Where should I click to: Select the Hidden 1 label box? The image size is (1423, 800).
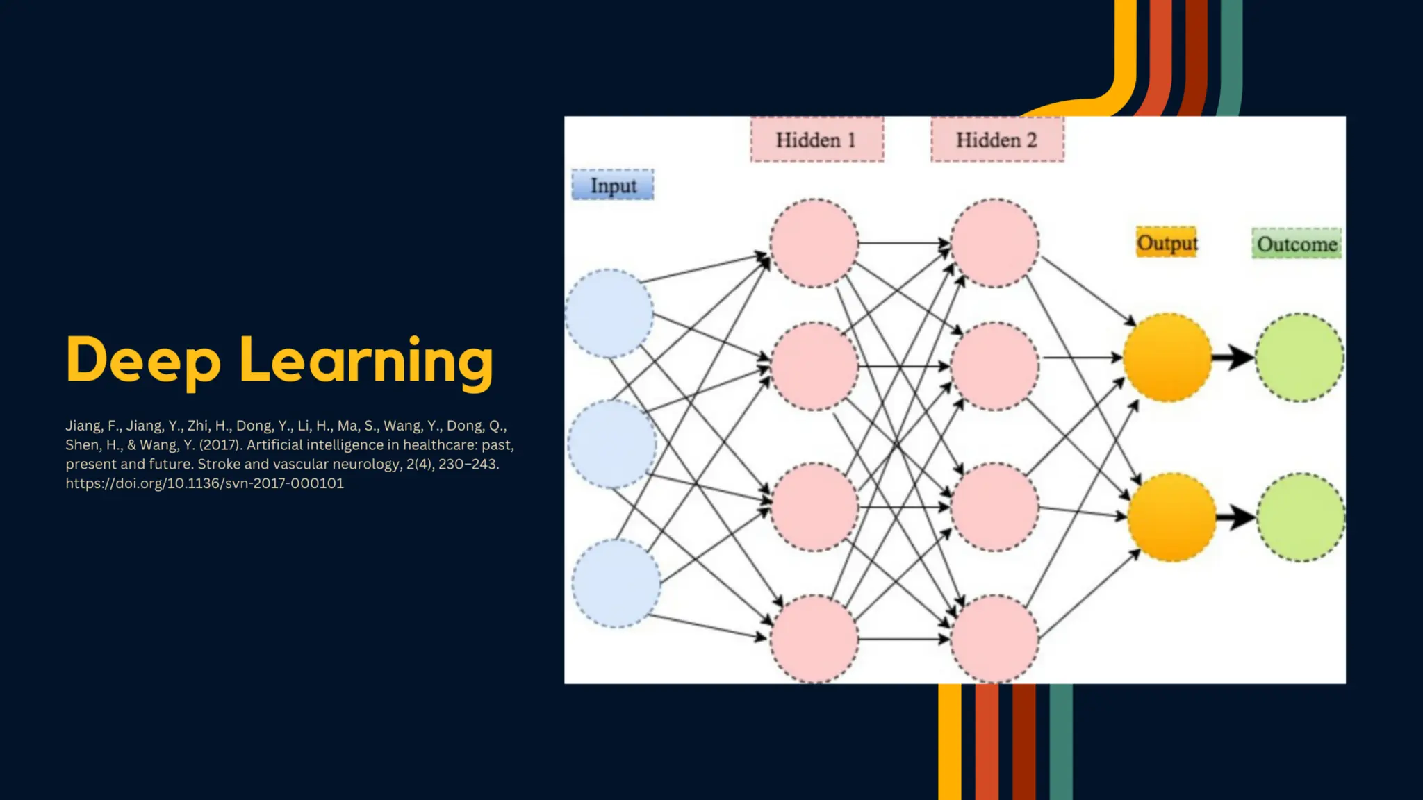(x=816, y=140)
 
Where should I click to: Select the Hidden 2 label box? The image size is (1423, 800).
(x=997, y=140)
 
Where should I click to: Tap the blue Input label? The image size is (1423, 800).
(x=612, y=185)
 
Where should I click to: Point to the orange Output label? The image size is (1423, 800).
(x=1167, y=242)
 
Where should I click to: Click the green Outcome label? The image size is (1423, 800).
(x=1297, y=244)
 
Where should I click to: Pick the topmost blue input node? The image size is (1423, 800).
(x=609, y=313)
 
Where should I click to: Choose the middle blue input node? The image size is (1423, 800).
(x=611, y=444)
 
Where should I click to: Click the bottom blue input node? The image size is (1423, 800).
(x=616, y=583)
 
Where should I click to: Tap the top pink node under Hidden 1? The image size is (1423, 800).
(x=814, y=243)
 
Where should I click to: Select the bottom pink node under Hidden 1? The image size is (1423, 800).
(x=814, y=638)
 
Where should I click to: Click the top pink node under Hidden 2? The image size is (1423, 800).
(x=995, y=243)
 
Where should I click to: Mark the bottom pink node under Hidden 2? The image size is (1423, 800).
(x=995, y=638)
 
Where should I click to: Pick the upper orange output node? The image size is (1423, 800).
(x=1167, y=358)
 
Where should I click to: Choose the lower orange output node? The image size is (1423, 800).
(x=1171, y=517)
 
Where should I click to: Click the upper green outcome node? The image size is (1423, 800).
(x=1299, y=358)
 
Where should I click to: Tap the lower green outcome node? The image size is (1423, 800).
(x=1301, y=517)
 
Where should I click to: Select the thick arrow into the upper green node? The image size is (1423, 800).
(x=1233, y=358)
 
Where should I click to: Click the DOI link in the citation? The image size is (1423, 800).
(x=204, y=483)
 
